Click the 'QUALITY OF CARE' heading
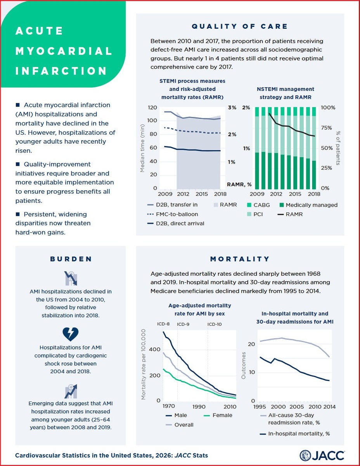pos(240,26)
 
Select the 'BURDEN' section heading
pos(71,259)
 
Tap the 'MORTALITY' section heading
pos(239,259)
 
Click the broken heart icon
pos(71,334)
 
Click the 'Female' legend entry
pos(222,415)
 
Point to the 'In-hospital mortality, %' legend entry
pos(299,434)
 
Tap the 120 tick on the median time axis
pos(152,108)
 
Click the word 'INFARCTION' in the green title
pos(61,71)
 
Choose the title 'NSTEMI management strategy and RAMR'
pos(286,93)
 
